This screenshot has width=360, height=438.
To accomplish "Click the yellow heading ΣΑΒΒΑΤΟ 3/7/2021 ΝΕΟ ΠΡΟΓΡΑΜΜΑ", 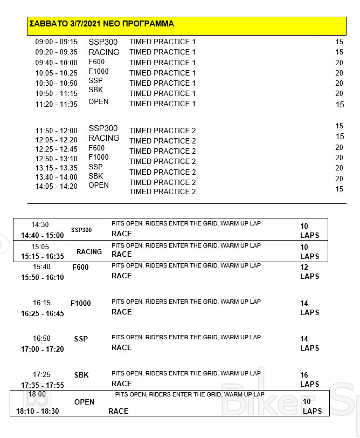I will (x=101, y=24).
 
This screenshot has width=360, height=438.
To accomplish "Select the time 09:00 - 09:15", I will (x=57, y=42).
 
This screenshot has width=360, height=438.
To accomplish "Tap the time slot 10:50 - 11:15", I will (x=57, y=94).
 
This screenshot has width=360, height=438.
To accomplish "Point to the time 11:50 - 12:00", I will (x=57, y=131).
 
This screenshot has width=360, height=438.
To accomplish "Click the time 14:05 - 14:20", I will (x=57, y=187).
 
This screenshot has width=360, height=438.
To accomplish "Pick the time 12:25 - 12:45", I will (x=57, y=149).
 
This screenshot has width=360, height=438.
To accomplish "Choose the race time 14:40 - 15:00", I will (x=42, y=235).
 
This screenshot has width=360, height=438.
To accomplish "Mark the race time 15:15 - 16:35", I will (x=42, y=257).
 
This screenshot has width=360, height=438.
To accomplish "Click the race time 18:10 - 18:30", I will (x=38, y=411).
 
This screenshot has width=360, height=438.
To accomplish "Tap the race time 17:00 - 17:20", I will (x=42, y=350).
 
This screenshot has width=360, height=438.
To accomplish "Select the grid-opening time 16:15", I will (x=41, y=303).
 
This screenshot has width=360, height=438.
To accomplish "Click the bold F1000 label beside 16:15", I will (x=81, y=303).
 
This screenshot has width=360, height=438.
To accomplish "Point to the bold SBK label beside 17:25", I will (x=81, y=375).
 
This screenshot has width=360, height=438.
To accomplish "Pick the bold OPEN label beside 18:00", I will (x=84, y=402).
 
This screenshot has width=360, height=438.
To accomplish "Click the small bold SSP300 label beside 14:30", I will (x=81, y=230).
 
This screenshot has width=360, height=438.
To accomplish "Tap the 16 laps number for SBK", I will (x=304, y=375).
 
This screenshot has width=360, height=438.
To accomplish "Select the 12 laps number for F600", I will (x=304, y=268).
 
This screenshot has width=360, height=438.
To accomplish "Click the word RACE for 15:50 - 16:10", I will (x=121, y=276).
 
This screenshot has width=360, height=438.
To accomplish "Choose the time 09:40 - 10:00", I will (x=57, y=63).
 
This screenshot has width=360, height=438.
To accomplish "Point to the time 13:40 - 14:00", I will (x=57, y=177).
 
